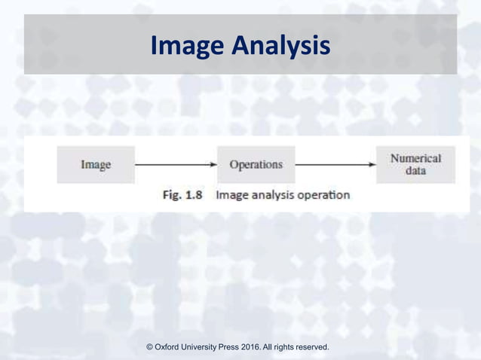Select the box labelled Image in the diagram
(x=96, y=164)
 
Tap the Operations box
(x=256, y=164)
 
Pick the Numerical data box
(x=415, y=164)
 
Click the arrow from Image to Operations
(x=176, y=164)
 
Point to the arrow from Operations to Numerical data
(x=335, y=164)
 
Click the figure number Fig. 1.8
(x=186, y=195)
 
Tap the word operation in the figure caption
(x=323, y=195)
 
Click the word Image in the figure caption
(x=231, y=195)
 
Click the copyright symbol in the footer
(x=149, y=347)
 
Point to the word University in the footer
(x=209, y=347)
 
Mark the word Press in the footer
(x=244, y=347)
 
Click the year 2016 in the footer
(x=270, y=347)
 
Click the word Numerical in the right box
(x=415, y=158)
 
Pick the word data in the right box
(x=415, y=171)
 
